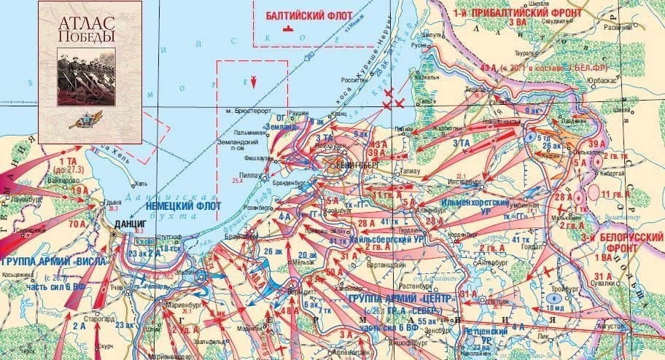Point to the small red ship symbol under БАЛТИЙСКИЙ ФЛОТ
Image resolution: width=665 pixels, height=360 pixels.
point(290,30)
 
